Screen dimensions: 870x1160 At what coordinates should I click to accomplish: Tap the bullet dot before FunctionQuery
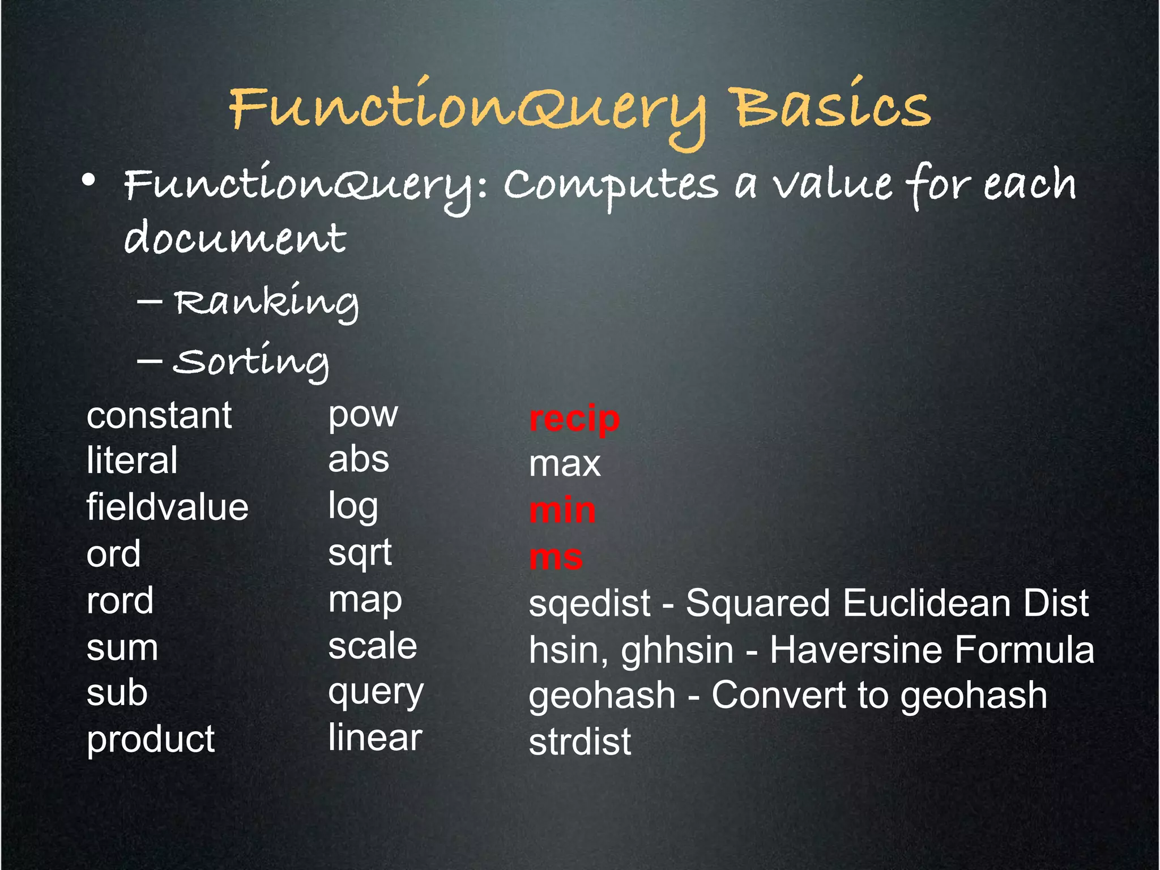tap(88, 181)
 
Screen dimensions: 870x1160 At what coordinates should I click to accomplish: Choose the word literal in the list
tap(132, 460)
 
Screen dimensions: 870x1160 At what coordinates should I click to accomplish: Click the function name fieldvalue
tap(167, 506)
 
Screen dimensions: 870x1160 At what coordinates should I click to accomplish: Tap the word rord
tap(120, 600)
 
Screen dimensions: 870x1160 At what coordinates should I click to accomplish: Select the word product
tap(151, 739)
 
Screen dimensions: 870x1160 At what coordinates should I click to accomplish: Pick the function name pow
tap(363, 415)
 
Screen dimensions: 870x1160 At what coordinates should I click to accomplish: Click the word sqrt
tap(360, 553)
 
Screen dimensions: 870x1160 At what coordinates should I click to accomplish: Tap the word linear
tap(375, 737)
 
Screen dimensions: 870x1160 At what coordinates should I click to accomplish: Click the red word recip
tap(574, 419)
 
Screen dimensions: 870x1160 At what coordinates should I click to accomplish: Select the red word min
tap(562, 510)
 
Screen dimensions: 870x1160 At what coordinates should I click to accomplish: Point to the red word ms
tap(556, 557)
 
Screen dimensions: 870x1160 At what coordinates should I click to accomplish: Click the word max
tap(564, 464)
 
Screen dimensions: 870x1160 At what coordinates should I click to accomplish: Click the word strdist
tap(579, 741)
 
